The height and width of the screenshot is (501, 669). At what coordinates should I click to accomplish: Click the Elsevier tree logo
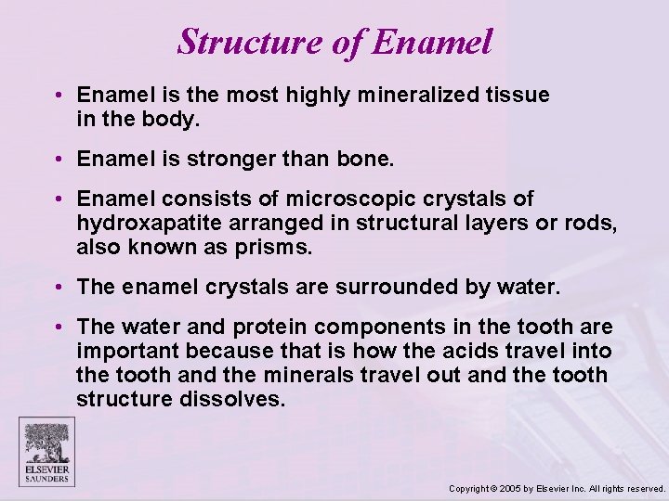point(47,443)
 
